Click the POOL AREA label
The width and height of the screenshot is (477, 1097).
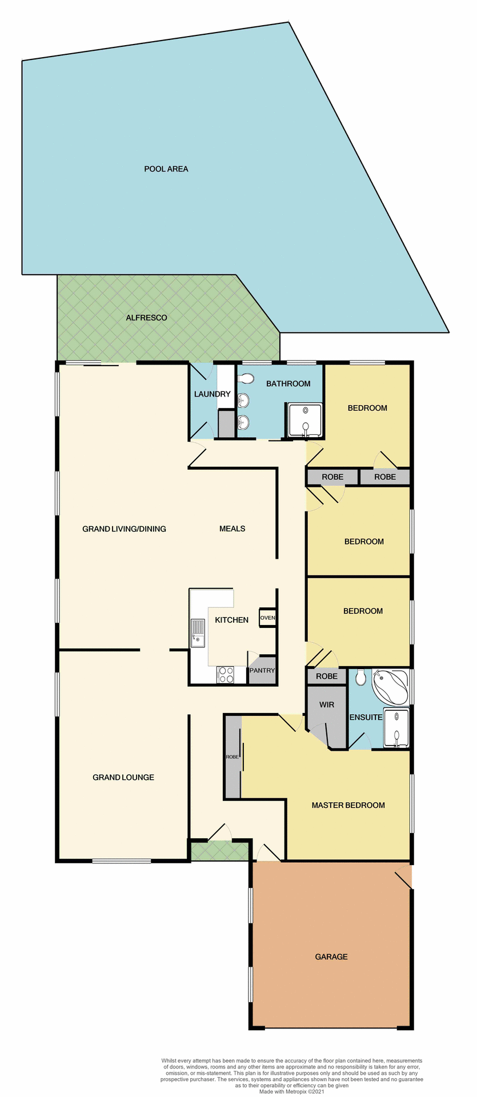(x=166, y=169)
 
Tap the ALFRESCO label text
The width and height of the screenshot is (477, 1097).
(x=146, y=318)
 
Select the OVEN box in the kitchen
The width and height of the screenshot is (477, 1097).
(x=267, y=618)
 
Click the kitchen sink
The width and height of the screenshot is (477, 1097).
(x=198, y=633)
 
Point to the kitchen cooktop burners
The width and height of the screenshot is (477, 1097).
(x=226, y=675)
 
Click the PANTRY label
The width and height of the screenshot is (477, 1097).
(x=262, y=671)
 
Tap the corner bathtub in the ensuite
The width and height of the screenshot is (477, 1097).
(x=390, y=687)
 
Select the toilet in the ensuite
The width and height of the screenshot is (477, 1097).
(x=360, y=678)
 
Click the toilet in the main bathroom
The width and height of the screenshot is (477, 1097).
(x=246, y=378)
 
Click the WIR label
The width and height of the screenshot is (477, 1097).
(x=327, y=704)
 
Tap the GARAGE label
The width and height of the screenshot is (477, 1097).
(x=331, y=956)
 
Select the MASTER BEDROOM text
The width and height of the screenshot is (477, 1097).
(x=348, y=805)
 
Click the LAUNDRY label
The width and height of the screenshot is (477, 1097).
(x=212, y=394)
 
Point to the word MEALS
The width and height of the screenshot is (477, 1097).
(x=232, y=529)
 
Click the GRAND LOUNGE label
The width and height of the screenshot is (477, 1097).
(x=123, y=777)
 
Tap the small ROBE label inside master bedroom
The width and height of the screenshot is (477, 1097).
(x=233, y=757)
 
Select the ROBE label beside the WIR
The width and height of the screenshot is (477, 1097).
(x=327, y=676)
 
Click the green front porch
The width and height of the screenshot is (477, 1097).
(x=220, y=851)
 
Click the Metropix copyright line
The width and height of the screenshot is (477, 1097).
(x=291, y=1091)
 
